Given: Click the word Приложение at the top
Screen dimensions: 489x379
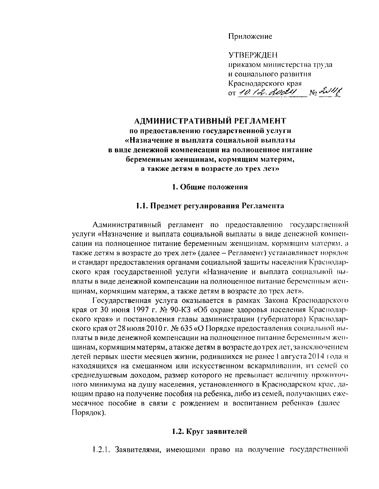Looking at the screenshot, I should (x=250, y=37).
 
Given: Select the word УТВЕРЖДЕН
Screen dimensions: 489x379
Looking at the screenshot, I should (x=253, y=56).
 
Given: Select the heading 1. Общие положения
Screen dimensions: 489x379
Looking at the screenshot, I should (x=210, y=187).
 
